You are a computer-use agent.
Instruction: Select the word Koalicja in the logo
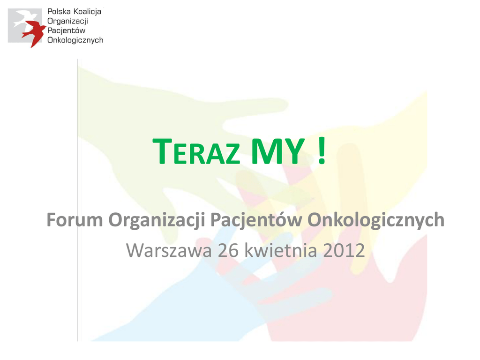(87, 12)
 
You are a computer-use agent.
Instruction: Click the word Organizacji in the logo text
(67, 22)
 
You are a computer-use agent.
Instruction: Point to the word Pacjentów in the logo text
(66, 30)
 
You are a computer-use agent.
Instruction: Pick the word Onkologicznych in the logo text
(75, 40)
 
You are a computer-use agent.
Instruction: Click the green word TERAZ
(196, 151)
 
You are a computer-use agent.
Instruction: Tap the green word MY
(278, 151)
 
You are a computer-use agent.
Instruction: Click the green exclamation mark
(322, 151)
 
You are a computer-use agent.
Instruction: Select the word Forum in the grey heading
(75, 220)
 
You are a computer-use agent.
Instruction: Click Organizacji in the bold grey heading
(157, 220)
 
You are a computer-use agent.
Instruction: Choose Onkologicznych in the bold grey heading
(376, 220)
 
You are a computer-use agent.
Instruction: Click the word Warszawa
(169, 250)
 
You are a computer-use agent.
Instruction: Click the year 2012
(344, 250)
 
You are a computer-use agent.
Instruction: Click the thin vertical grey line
(78, 200)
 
